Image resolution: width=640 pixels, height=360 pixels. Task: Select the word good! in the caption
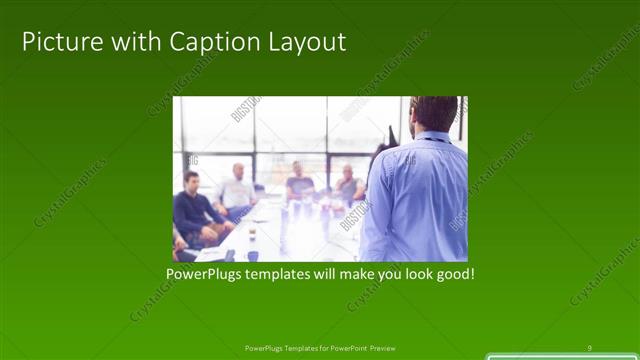click(x=452, y=271)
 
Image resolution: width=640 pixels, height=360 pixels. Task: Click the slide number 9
click(x=589, y=347)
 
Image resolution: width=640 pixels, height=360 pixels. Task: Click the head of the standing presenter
click(x=434, y=113)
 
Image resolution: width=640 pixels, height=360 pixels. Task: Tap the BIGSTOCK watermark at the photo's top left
click(x=244, y=108)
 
